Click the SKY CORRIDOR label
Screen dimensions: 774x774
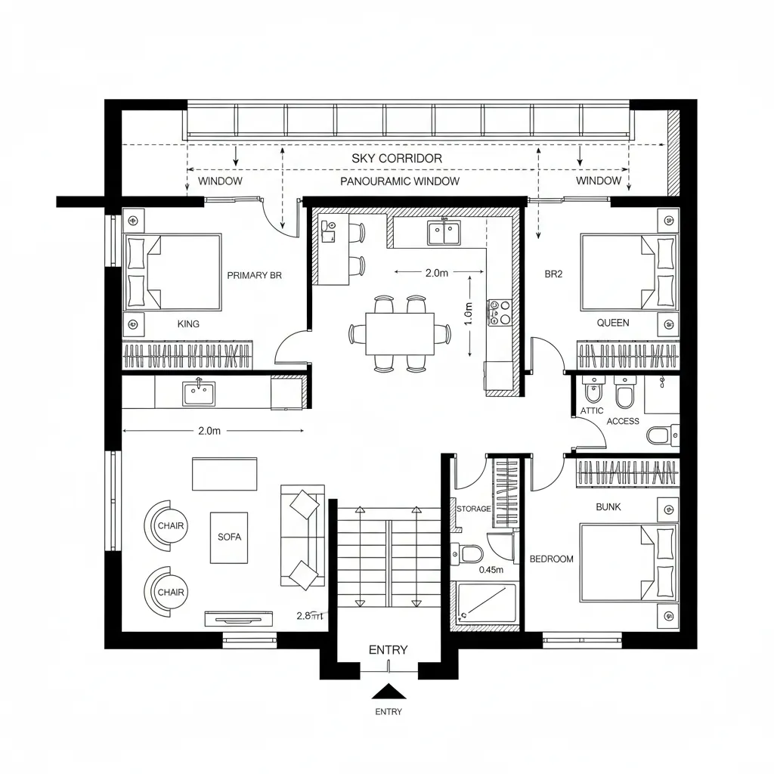click(397, 159)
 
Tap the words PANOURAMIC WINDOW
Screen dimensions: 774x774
click(400, 181)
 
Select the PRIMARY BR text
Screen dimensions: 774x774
click(254, 276)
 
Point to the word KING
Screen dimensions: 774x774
click(188, 324)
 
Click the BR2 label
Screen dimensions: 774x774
click(553, 274)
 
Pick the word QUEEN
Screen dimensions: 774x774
click(612, 322)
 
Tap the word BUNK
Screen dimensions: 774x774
click(608, 507)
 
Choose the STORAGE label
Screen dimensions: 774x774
click(473, 509)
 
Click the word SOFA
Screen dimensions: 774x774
click(229, 537)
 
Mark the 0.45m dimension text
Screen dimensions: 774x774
click(491, 570)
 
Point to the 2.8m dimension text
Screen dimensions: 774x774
click(309, 615)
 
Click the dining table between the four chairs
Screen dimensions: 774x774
click(399, 334)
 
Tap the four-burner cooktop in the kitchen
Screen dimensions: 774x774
click(500, 312)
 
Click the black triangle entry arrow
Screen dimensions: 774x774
click(389, 691)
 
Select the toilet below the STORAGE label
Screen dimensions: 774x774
click(472, 555)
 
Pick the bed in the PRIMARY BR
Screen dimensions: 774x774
click(174, 272)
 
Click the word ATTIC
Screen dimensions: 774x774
click(592, 410)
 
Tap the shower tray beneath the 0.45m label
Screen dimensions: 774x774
click(486, 602)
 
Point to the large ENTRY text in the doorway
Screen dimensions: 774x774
click(388, 650)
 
